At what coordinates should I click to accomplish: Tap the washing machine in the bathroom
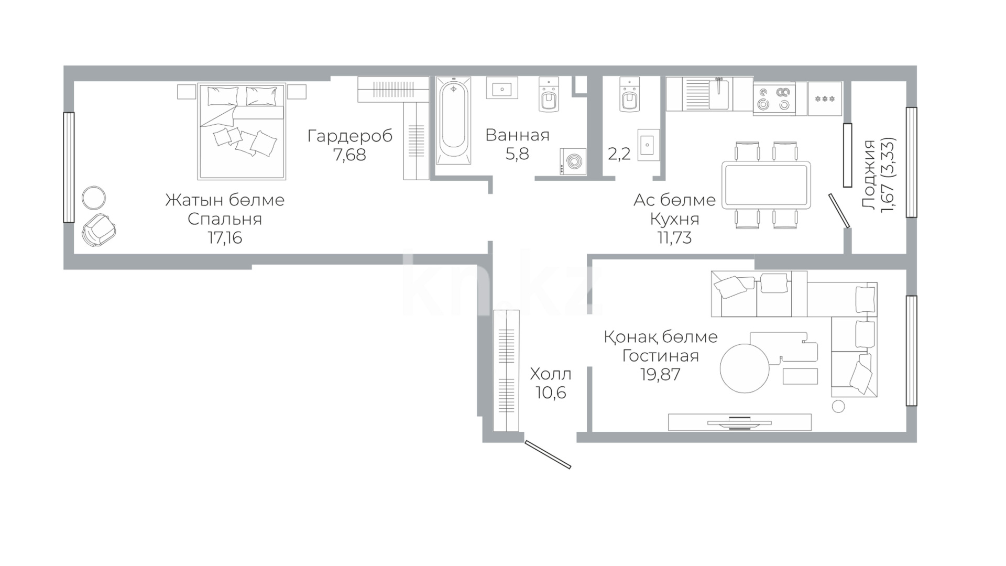tap(573, 162)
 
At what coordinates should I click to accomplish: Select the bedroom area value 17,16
tap(225, 238)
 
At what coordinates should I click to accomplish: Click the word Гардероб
tap(350, 136)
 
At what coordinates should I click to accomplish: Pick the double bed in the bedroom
tap(242, 132)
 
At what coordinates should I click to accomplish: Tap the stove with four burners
tap(774, 99)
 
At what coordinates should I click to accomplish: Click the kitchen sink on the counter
tap(718, 94)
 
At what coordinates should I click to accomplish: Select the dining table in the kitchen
tap(766, 185)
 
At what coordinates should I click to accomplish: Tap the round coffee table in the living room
tap(745, 368)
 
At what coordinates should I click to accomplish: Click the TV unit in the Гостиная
tap(740, 422)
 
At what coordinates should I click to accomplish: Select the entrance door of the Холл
tap(548, 454)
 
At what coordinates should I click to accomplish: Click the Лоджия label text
tap(869, 175)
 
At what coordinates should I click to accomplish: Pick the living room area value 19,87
tap(660, 375)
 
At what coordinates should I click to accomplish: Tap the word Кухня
tap(675, 219)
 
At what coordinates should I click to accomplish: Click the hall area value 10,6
tap(551, 393)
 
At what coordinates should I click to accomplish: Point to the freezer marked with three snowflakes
tap(825, 99)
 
